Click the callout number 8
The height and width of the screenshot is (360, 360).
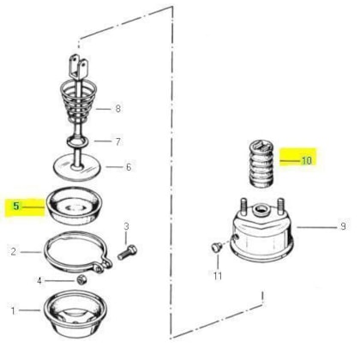pyautogui.click(x=117, y=109)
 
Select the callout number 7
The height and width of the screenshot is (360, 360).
pyautogui.click(x=118, y=141)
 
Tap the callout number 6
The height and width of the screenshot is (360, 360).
pyautogui.click(x=129, y=167)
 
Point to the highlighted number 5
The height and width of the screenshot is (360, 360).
pyautogui.click(x=16, y=206)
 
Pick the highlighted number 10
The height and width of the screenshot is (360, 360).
pyautogui.click(x=306, y=160)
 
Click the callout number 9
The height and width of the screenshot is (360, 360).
pyautogui.click(x=343, y=226)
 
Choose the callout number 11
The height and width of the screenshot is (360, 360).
pyautogui.click(x=218, y=276)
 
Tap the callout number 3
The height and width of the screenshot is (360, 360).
pyautogui.click(x=126, y=226)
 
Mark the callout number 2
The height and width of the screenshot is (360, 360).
pyautogui.click(x=14, y=252)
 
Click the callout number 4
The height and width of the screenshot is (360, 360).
pyautogui.click(x=39, y=281)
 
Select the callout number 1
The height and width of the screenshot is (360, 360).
pyautogui.click(x=13, y=310)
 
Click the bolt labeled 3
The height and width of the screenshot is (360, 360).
pyautogui.click(x=127, y=252)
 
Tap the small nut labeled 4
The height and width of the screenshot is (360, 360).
pyautogui.click(x=81, y=279)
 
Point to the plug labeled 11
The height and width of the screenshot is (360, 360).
pyautogui.click(x=216, y=247)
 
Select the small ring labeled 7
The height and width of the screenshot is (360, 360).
pyautogui.click(x=77, y=141)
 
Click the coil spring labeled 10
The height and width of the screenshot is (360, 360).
pyautogui.click(x=261, y=165)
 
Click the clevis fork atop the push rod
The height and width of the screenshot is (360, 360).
pyautogui.click(x=78, y=68)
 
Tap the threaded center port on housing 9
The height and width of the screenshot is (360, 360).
pyautogui.click(x=261, y=211)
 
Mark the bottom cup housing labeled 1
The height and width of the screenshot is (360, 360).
pyautogui.click(x=76, y=314)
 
